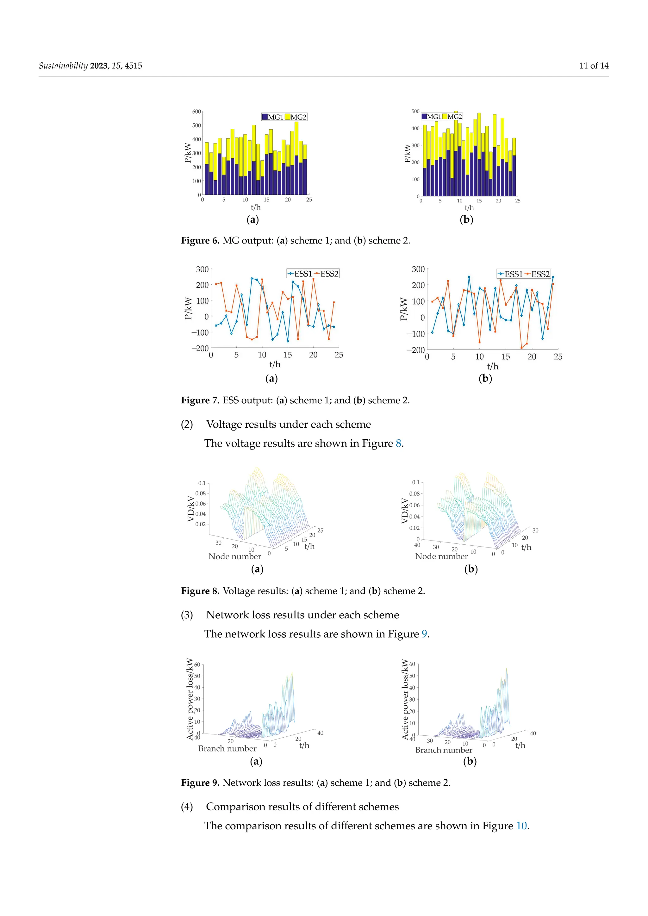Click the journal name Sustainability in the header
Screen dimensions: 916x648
point(63,66)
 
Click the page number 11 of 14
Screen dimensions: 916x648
point(594,66)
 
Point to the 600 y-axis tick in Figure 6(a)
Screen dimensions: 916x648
point(196,112)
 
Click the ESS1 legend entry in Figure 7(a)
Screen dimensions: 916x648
point(300,274)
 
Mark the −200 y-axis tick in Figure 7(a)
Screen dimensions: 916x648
point(200,348)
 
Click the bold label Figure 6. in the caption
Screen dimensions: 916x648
point(200,241)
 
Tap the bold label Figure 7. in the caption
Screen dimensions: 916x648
point(200,400)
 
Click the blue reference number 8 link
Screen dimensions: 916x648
point(398,444)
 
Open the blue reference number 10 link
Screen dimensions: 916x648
point(521,826)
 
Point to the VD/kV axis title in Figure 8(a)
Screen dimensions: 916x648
point(191,509)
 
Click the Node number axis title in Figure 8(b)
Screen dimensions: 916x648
point(441,556)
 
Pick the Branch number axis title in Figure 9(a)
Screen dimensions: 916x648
point(227,748)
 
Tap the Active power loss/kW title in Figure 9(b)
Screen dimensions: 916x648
point(405,699)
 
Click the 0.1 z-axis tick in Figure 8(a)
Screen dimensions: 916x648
point(202,483)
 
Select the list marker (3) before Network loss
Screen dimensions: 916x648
point(187,615)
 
